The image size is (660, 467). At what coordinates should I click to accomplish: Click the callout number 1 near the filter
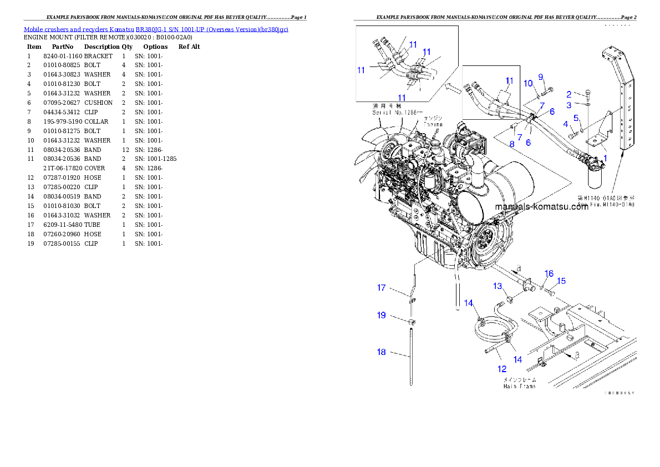click(606, 158)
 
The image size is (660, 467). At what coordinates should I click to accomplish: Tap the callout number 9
click(541, 77)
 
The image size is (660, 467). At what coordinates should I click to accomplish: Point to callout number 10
click(529, 83)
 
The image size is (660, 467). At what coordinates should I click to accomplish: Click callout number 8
click(512, 144)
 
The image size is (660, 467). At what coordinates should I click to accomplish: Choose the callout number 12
click(501, 368)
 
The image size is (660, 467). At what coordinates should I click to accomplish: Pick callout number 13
click(498, 286)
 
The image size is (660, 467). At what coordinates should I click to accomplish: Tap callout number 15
click(561, 281)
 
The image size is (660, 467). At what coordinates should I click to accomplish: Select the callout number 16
click(549, 273)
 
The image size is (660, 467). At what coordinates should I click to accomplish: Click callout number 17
click(382, 287)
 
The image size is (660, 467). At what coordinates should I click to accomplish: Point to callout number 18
click(382, 352)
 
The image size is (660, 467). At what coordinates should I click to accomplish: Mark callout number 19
click(382, 315)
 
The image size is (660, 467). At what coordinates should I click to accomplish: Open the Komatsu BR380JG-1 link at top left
click(156, 29)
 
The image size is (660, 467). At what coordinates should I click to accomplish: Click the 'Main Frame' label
click(519, 386)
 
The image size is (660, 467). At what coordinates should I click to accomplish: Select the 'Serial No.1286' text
click(397, 113)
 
